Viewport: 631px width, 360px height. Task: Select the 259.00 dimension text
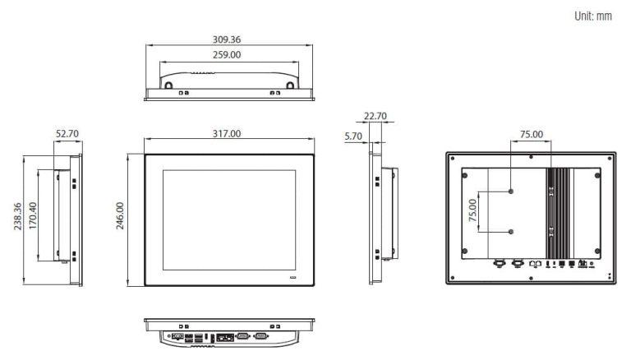[x=229, y=55]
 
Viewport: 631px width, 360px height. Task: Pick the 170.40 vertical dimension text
[x=34, y=218]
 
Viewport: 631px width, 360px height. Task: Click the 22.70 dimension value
[x=375, y=117]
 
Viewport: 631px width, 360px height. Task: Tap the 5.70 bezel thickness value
[x=354, y=136]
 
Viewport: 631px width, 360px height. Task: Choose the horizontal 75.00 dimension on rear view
[x=531, y=134]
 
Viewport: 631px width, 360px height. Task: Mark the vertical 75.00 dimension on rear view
[x=472, y=211]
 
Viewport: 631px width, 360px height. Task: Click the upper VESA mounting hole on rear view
[x=511, y=191]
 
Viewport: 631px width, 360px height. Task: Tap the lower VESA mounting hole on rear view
[x=511, y=232]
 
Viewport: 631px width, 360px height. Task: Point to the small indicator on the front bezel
[x=293, y=279]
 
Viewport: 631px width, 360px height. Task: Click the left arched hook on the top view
[x=168, y=84]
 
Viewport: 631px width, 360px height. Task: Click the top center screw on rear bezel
[x=531, y=156]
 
